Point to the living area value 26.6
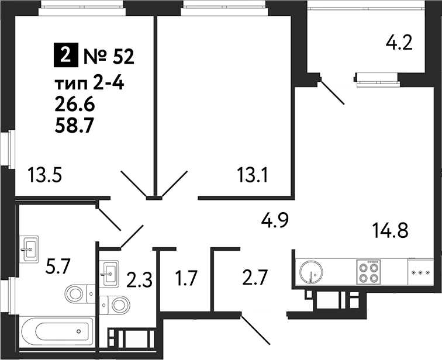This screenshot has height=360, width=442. [74, 105]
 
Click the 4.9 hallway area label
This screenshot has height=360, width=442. [275, 221]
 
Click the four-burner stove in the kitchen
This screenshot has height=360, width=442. [369, 271]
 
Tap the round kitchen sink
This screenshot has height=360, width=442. [310, 272]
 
